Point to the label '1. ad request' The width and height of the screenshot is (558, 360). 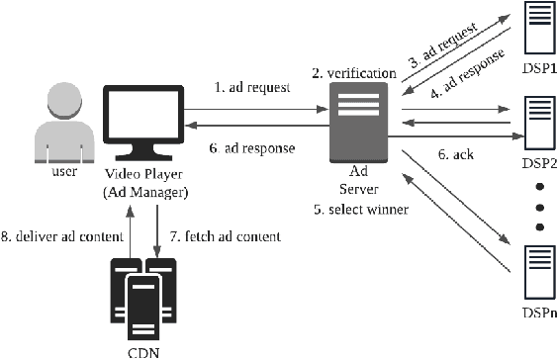251,87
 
